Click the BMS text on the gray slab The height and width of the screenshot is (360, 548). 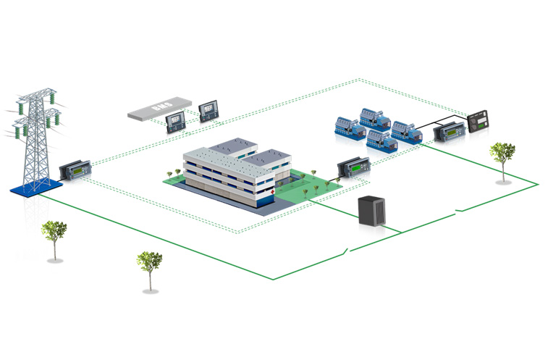(x=161, y=109)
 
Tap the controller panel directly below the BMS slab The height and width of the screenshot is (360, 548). (x=176, y=122)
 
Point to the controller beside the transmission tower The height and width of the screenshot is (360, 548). (x=74, y=172)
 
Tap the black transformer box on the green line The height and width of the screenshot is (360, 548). (x=374, y=212)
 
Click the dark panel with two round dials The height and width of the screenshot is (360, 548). (x=479, y=122)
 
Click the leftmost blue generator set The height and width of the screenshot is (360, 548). (x=348, y=126)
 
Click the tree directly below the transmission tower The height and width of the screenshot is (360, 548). (x=54, y=235)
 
